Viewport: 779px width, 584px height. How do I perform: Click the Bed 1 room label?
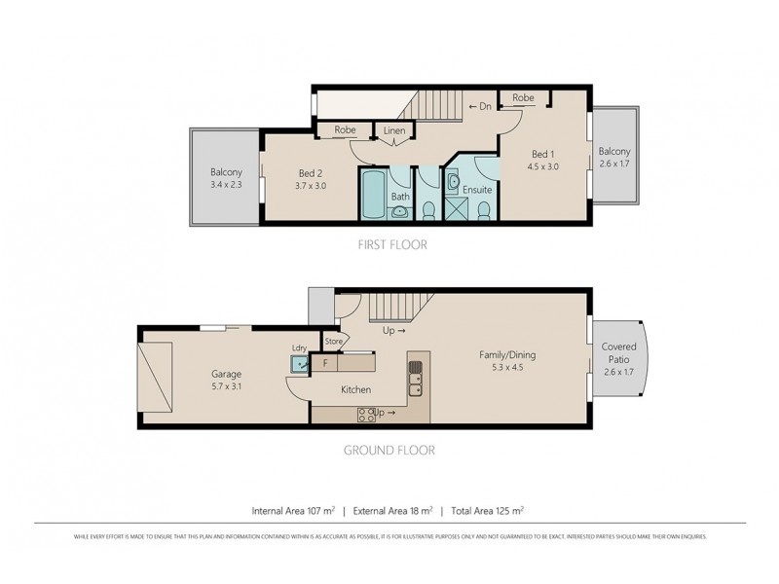click(543, 155)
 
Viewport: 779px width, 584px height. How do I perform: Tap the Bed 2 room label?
click(311, 173)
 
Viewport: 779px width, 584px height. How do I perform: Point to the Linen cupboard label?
click(394, 130)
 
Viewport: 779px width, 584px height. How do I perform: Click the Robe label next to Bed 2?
click(345, 129)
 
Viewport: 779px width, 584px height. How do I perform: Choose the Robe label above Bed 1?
click(523, 98)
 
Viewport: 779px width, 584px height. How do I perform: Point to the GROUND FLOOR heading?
click(389, 451)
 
